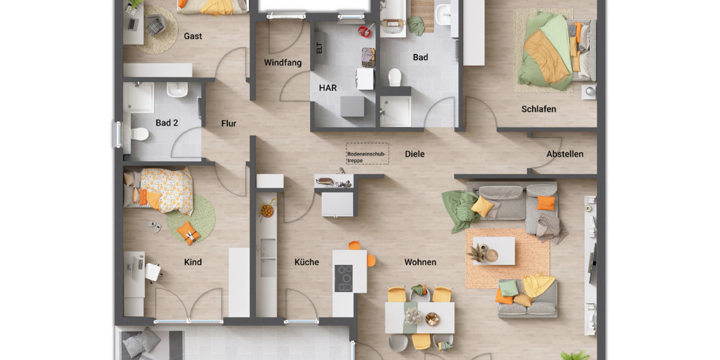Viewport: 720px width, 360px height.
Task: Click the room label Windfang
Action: [283, 62]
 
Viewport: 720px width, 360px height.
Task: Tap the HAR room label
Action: [328, 88]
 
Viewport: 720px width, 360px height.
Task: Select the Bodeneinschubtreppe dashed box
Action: [367, 154]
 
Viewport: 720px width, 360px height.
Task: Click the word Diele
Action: [415, 154]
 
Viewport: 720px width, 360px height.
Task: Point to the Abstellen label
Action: [565, 154]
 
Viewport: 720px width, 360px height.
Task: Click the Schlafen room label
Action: [538, 109]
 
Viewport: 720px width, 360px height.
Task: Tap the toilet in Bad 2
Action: [139, 134]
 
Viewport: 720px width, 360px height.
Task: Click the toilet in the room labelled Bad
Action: [394, 77]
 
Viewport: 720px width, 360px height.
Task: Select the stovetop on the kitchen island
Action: [344, 278]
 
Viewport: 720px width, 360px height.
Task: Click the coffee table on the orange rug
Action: [493, 251]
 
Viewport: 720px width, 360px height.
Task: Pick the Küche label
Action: [307, 262]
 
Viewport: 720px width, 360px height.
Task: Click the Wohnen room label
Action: [420, 262]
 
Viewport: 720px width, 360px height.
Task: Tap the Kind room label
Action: [193, 262]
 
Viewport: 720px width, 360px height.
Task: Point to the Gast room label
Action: [193, 36]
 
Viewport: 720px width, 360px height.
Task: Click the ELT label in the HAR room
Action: [319, 48]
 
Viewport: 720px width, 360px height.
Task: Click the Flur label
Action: [229, 124]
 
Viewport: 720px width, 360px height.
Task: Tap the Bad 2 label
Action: [167, 123]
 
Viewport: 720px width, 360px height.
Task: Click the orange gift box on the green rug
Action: [189, 232]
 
